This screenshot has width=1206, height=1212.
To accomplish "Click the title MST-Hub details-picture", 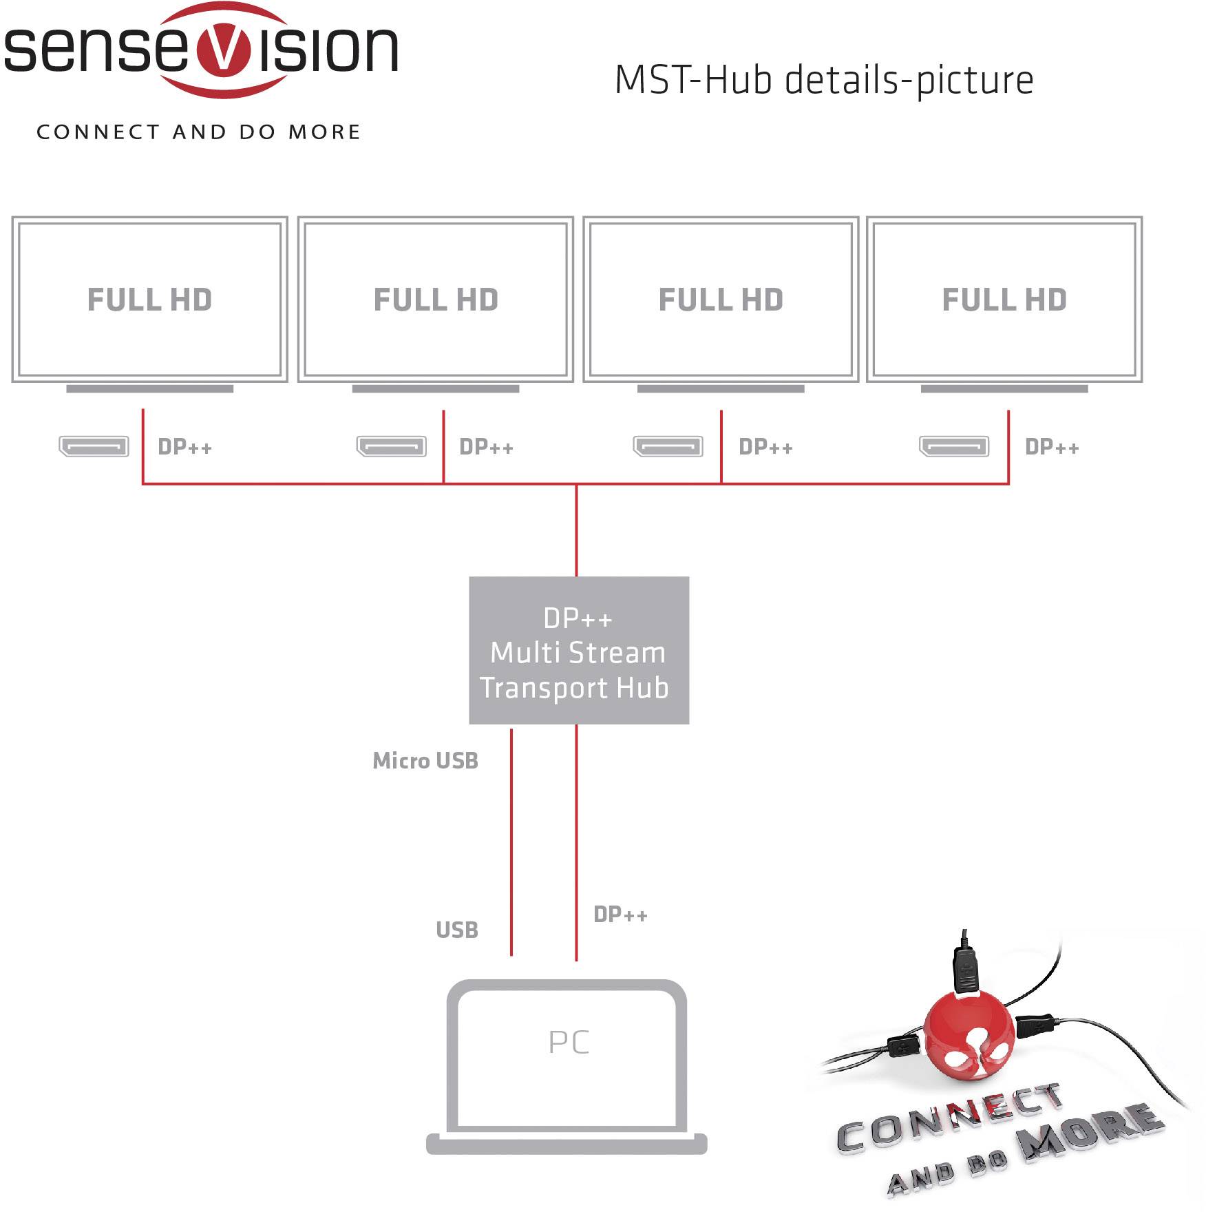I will click(x=823, y=80).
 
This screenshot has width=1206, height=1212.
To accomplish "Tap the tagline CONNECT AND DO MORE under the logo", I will click(x=198, y=132).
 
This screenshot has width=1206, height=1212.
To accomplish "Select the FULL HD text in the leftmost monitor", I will click(x=149, y=300).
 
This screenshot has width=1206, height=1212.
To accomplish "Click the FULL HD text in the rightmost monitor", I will click(x=1004, y=300).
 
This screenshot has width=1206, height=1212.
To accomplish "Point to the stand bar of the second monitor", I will click(x=435, y=389).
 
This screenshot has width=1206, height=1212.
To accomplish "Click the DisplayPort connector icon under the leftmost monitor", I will click(x=94, y=446).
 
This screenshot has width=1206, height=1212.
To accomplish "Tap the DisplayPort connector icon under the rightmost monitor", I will click(x=953, y=446).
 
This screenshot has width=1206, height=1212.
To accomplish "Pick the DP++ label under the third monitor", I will click(x=765, y=447).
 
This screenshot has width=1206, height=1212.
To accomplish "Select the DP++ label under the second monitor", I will click(x=486, y=447).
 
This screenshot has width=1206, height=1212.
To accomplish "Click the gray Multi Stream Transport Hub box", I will click(x=578, y=651).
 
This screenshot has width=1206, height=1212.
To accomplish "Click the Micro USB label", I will click(x=425, y=760).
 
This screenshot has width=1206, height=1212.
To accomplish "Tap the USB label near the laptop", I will click(x=456, y=930).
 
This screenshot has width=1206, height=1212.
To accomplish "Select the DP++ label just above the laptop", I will click(x=620, y=915).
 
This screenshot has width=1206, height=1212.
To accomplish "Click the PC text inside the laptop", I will click(x=569, y=1042).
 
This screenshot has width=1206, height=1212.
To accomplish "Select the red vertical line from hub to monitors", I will click(x=576, y=530).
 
